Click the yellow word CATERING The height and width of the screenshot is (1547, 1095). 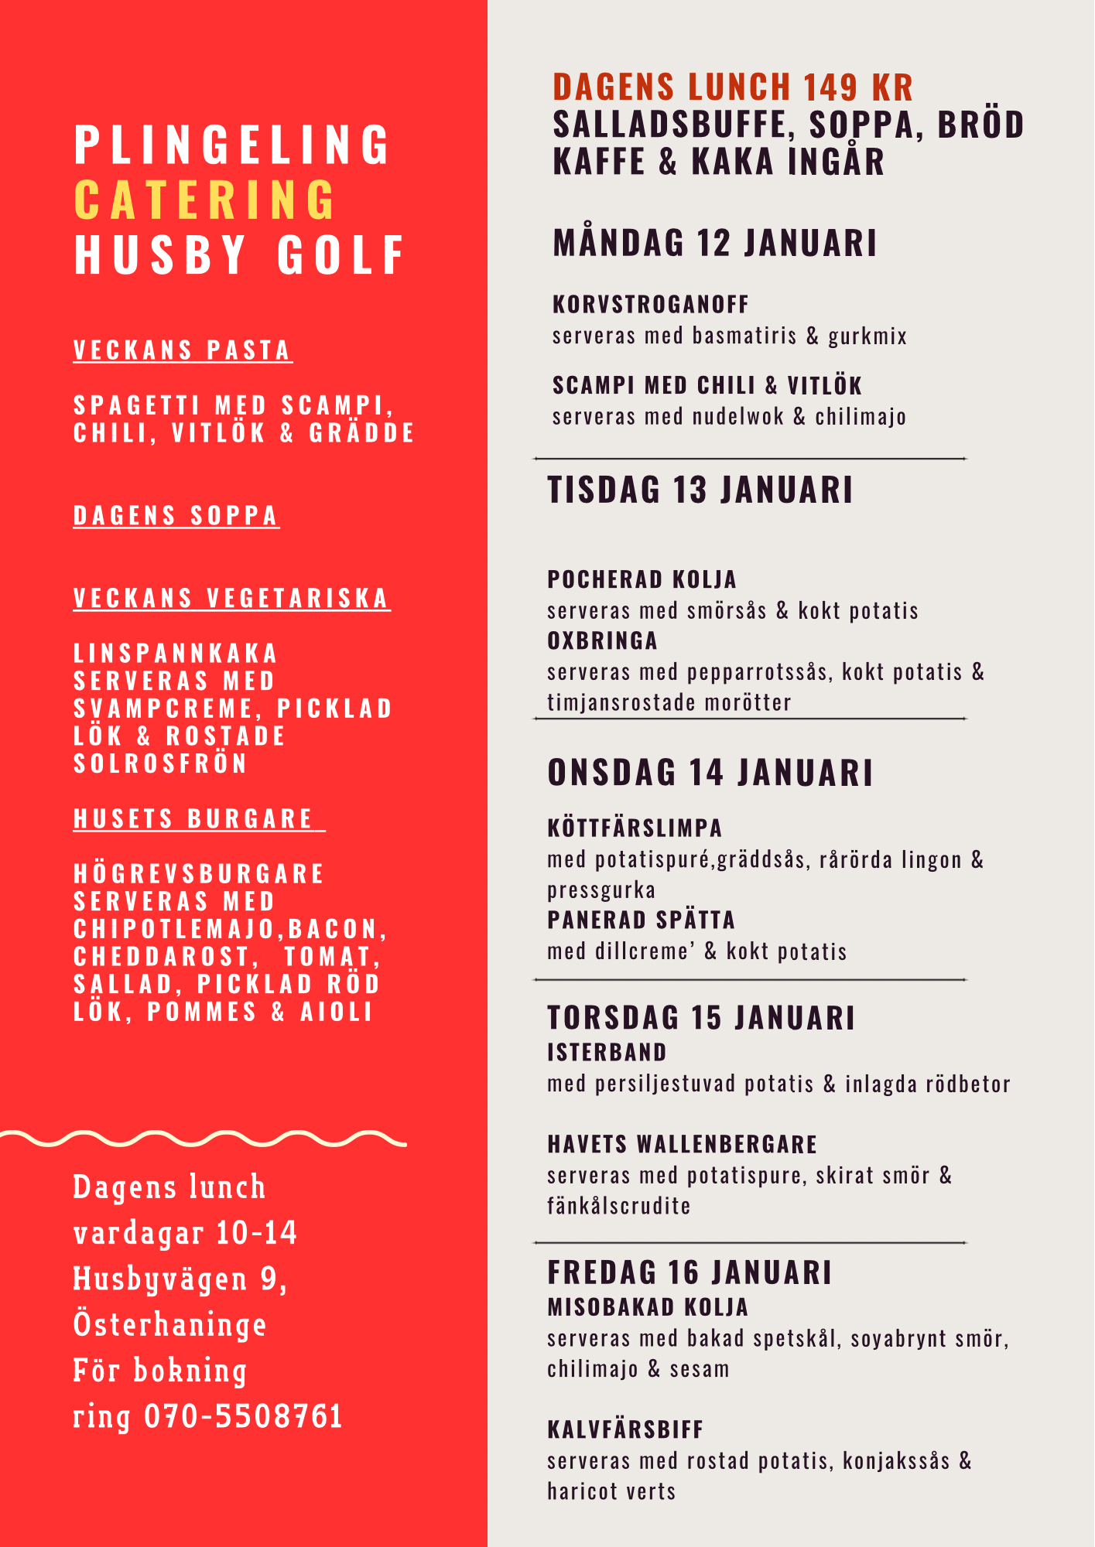pyautogui.click(x=205, y=200)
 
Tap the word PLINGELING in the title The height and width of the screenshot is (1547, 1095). pyautogui.click(x=232, y=145)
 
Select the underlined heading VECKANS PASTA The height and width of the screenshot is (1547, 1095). pyautogui.click(x=182, y=350)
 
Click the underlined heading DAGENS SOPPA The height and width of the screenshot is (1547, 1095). pyautogui.click(x=176, y=516)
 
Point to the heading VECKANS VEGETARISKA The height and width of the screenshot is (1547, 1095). pyautogui.click(x=231, y=599)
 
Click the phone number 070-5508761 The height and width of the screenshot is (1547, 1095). pyautogui.click(x=243, y=1416)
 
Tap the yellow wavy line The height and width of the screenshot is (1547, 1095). pyautogui.click(x=203, y=1139)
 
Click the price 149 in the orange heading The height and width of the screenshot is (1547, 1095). pyautogui.click(x=830, y=87)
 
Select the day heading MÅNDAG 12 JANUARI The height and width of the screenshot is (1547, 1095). pyautogui.click(x=714, y=243)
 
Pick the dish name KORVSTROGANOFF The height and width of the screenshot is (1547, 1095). pyautogui.click(x=650, y=305)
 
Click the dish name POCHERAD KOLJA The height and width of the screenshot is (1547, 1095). pyautogui.click(x=642, y=579)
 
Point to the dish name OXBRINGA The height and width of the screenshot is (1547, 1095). pyautogui.click(x=602, y=641)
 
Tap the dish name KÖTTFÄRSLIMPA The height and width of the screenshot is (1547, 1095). pyautogui.click(x=635, y=828)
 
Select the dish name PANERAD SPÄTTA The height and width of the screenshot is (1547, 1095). pyautogui.click(x=641, y=920)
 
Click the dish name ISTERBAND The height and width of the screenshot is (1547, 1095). pyautogui.click(x=607, y=1053)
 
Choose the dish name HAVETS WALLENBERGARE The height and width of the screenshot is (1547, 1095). pyautogui.click(x=682, y=1145)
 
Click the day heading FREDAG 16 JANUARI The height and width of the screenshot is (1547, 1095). pyautogui.click(x=689, y=1273)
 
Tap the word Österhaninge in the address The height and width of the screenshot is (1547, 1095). pyautogui.click(x=169, y=1324)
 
